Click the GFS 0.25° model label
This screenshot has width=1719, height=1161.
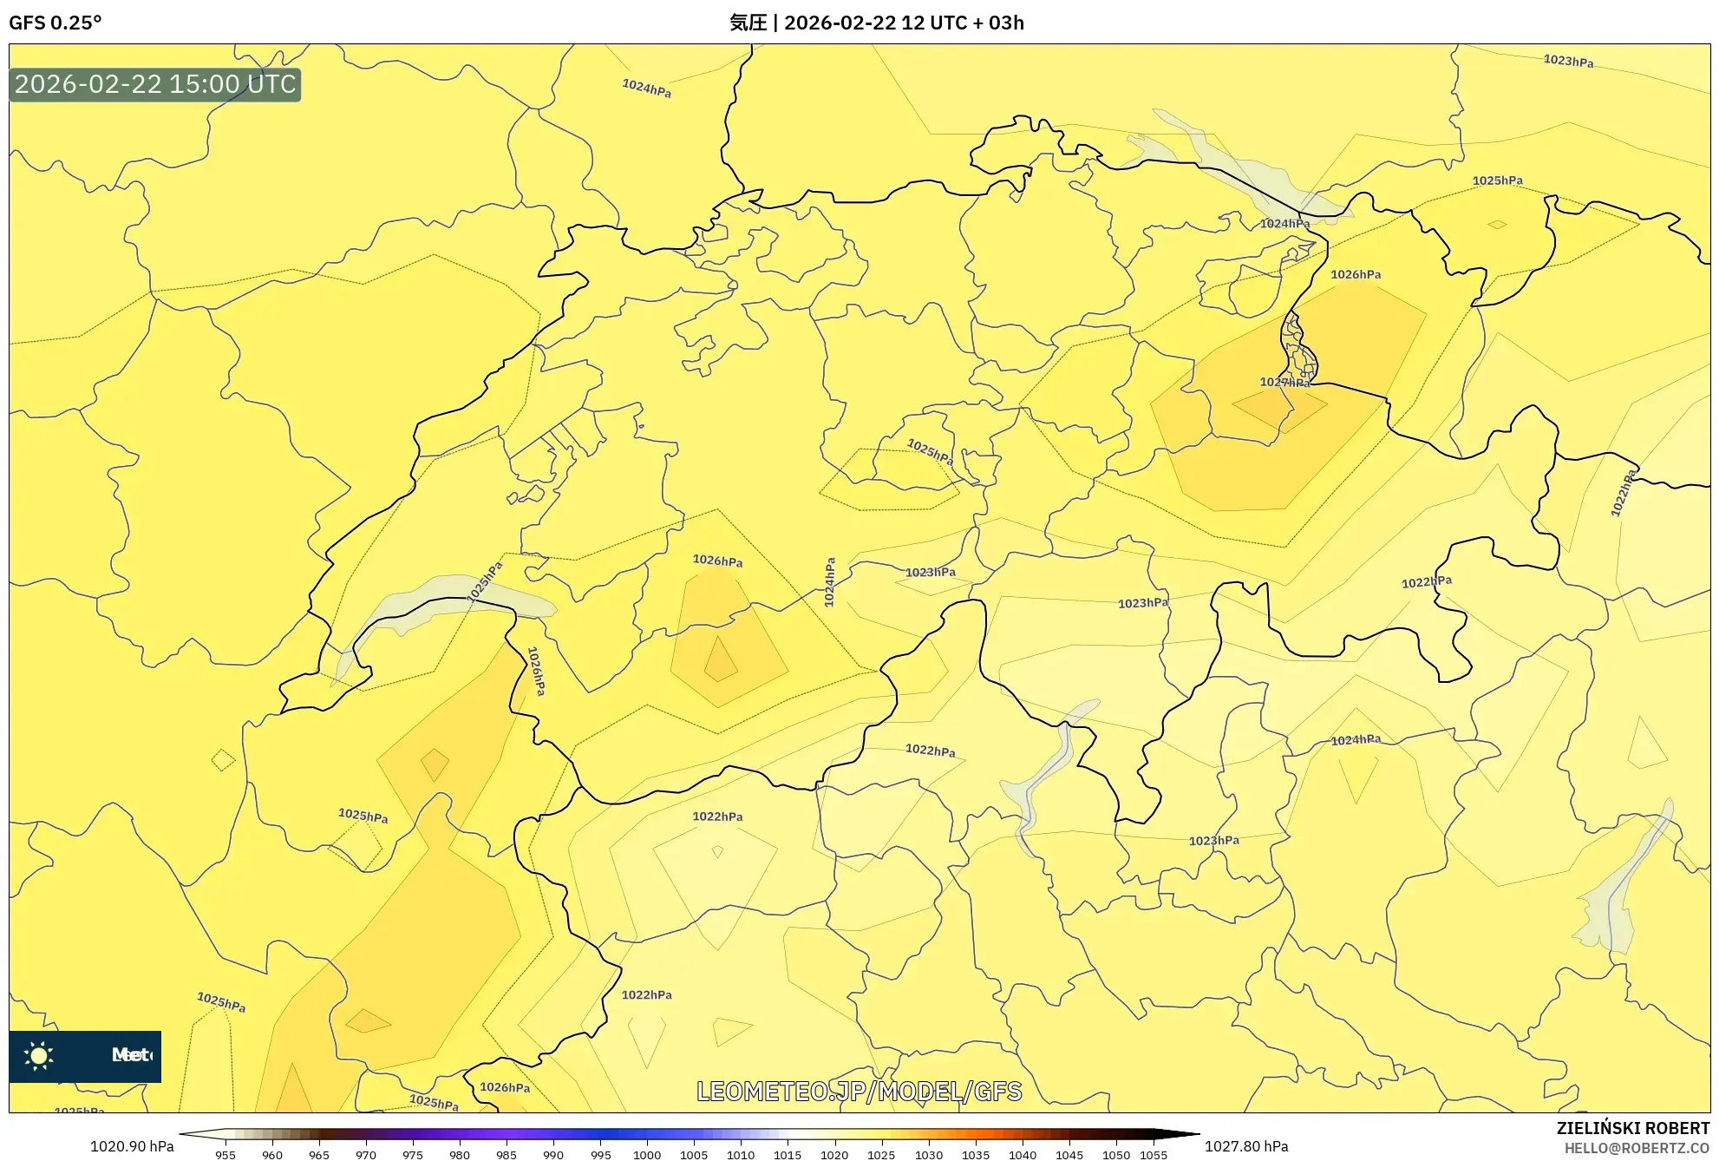56,23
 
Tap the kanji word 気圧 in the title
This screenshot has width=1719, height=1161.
748,23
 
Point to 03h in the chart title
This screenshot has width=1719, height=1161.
1006,23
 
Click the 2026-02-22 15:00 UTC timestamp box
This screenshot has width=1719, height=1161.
155,84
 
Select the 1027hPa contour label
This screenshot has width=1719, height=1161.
1284,382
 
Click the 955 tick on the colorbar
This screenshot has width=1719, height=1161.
225,1155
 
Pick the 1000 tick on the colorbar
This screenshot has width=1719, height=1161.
647,1155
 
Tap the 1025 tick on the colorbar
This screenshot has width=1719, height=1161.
881,1155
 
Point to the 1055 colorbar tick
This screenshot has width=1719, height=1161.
1154,1155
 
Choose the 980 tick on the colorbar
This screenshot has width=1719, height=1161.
460,1155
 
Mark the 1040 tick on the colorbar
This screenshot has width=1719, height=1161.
1023,1155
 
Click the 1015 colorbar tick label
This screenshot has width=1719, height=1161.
788,1155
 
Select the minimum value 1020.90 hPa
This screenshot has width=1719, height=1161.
132,1146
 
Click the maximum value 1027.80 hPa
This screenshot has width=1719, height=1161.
1246,1146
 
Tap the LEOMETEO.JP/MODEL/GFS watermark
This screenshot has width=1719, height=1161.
859,1092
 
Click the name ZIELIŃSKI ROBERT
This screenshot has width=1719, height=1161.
1633,1128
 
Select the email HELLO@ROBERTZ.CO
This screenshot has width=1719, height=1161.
1637,1148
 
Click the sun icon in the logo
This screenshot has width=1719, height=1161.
39,1056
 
